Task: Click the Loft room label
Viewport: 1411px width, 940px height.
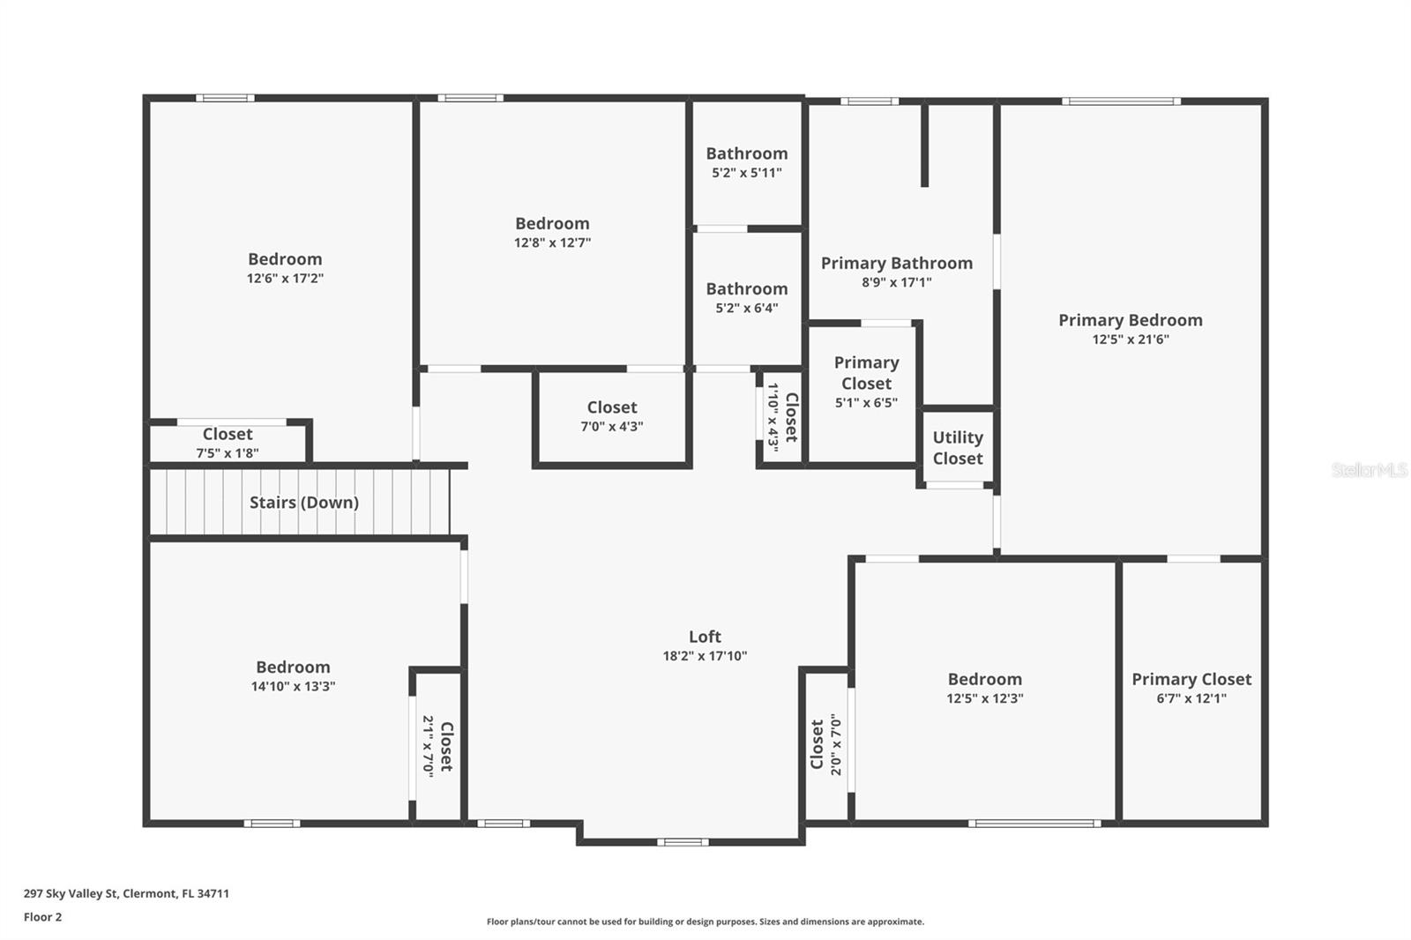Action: click(x=705, y=637)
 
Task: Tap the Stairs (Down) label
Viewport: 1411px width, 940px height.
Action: click(x=304, y=502)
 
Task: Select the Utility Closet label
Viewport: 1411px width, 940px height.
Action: click(x=958, y=448)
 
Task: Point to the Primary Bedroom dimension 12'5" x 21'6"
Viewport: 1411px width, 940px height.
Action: click(x=1131, y=339)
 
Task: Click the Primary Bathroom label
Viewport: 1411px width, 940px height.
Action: click(x=896, y=264)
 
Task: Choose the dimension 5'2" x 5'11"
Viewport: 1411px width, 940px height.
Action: click(x=747, y=173)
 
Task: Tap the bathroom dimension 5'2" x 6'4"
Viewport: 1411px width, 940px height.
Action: click(x=747, y=308)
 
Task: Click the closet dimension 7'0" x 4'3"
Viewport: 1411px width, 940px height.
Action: click(x=612, y=427)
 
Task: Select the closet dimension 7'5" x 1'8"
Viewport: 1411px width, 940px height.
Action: click(x=228, y=453)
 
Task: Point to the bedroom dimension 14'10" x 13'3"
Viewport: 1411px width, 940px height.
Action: click(x=293, y=686)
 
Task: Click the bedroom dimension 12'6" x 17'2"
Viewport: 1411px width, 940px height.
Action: click(x=286, y=278)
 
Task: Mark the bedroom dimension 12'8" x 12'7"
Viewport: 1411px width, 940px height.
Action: click(x=552, y=242)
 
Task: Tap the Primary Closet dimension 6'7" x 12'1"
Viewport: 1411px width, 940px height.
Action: click(x=1191, y=698)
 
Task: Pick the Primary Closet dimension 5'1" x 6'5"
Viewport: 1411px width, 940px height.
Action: click(x=867, y=403)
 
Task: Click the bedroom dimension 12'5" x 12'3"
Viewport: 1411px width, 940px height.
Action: click(x=985, y=698)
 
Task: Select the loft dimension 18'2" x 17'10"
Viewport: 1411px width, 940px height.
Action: click(x=705, y=656)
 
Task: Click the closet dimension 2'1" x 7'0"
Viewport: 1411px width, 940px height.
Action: click(x=429, y=747)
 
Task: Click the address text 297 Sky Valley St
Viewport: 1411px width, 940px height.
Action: click(x=71, y=893)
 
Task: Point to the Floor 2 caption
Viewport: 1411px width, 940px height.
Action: click(x=43, y=917)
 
